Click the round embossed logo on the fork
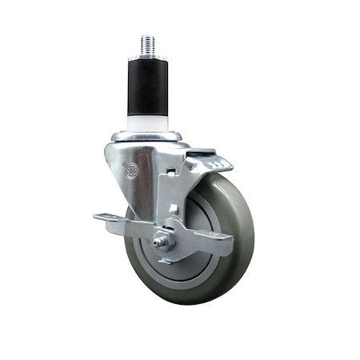(130, 170)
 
